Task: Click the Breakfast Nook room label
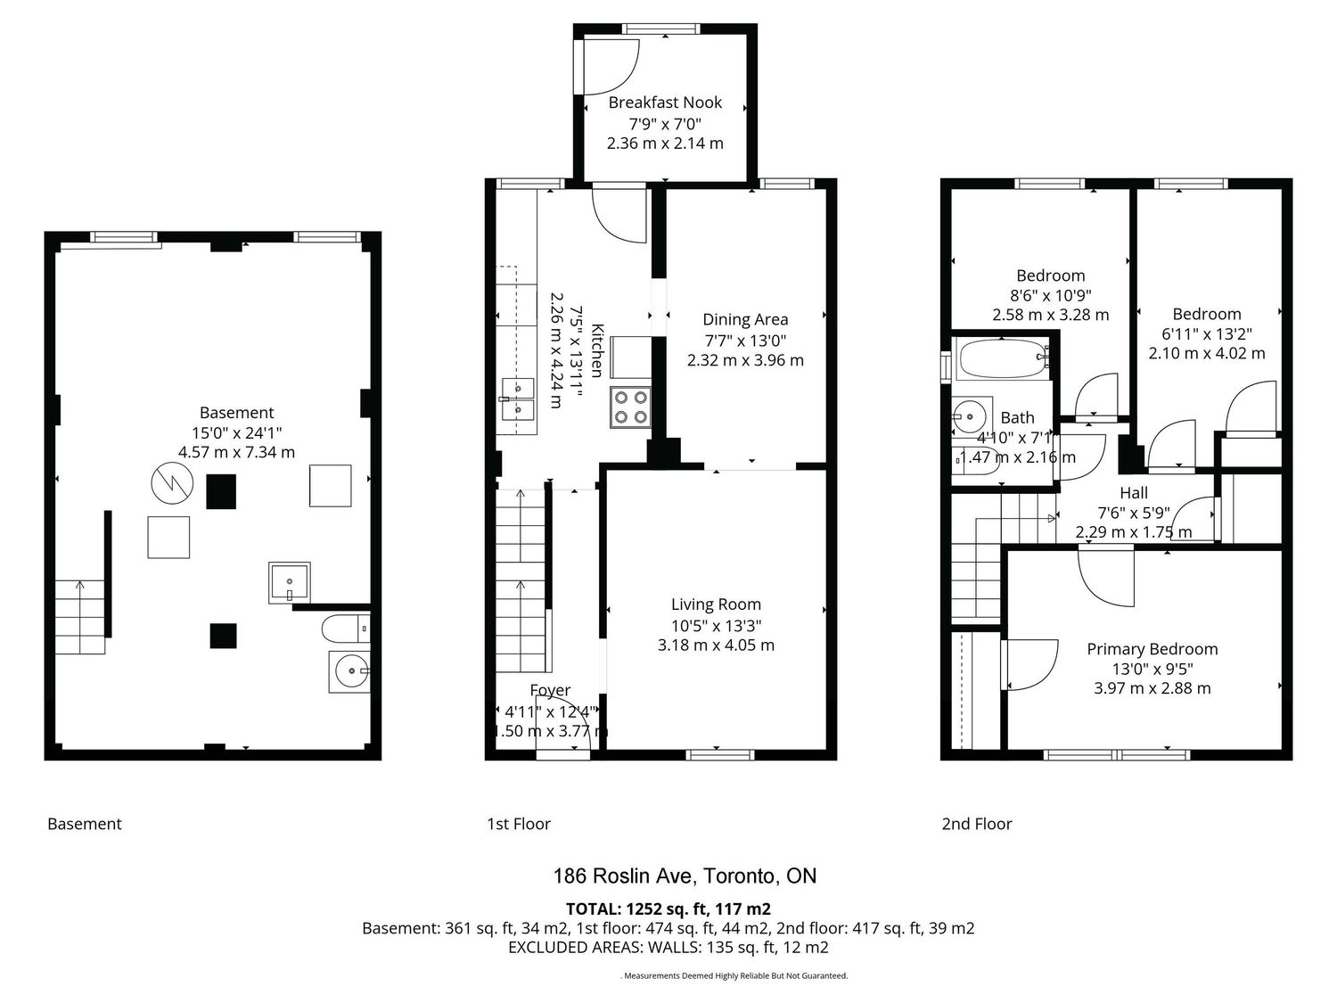(x=665, y=103)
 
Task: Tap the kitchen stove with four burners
(x=630, y=407)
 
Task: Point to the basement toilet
(x=345, y=629)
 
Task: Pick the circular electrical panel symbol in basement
(x=172, y=483)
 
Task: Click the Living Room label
(x=716, y=604)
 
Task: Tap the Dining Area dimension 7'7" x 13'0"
(x=745, y=340)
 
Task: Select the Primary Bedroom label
(x=1152, y=648)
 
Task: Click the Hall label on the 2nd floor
(x=1134, y=492)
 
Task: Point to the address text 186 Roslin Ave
(x=623, y=876)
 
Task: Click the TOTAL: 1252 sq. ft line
(x=668, y=908)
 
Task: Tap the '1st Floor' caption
(x=519, y=824)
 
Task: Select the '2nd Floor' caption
(x=976, y=824)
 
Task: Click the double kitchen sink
(x=518, y=399)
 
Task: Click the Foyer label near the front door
(x=550, y=690)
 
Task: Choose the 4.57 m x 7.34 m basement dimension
(x=236, y=452)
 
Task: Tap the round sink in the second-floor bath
(x=969, y=416)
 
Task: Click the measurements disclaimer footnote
(x=734, y=975)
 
